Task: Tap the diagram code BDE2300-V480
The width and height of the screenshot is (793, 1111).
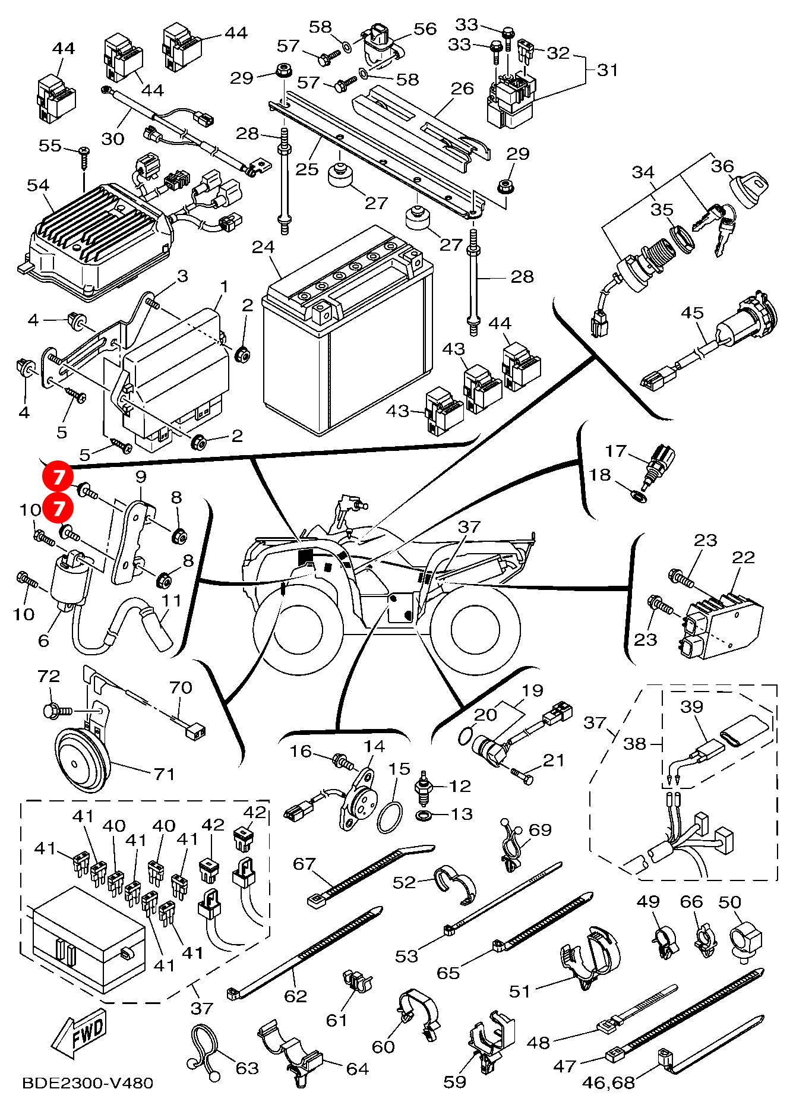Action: [87, 1083]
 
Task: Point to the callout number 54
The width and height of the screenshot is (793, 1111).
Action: [38, 185]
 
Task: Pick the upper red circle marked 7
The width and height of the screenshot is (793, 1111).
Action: [58, 476]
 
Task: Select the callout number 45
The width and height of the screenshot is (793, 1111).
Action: [692, 313]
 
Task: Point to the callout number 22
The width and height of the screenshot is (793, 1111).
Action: [743, 557]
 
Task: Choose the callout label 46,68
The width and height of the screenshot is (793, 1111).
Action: [608, 1082]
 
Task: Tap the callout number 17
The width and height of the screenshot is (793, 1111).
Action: [615, 451]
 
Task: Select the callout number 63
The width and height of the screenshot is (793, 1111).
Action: [247, 1068]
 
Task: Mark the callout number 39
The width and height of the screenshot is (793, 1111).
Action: [691, 706]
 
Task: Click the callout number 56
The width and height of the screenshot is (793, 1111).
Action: [425, 29]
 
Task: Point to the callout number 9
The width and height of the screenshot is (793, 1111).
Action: [141, 476]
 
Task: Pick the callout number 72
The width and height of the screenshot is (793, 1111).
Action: [49, 676]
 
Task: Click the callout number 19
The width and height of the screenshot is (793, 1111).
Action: [532, 690]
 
